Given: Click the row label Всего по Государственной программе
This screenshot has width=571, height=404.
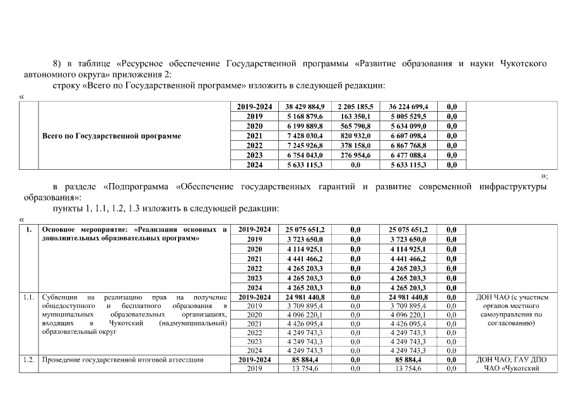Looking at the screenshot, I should pyautogui.click(x=112, y=136).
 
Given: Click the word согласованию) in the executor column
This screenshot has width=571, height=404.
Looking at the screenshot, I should pyautogui.click(x=512, y=323).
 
